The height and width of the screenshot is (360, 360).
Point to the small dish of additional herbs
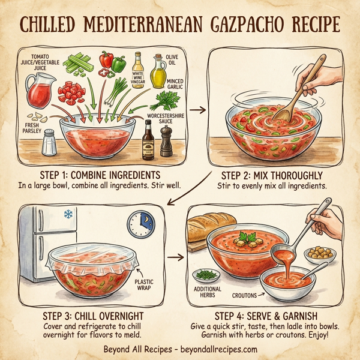[x=207, y=276]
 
